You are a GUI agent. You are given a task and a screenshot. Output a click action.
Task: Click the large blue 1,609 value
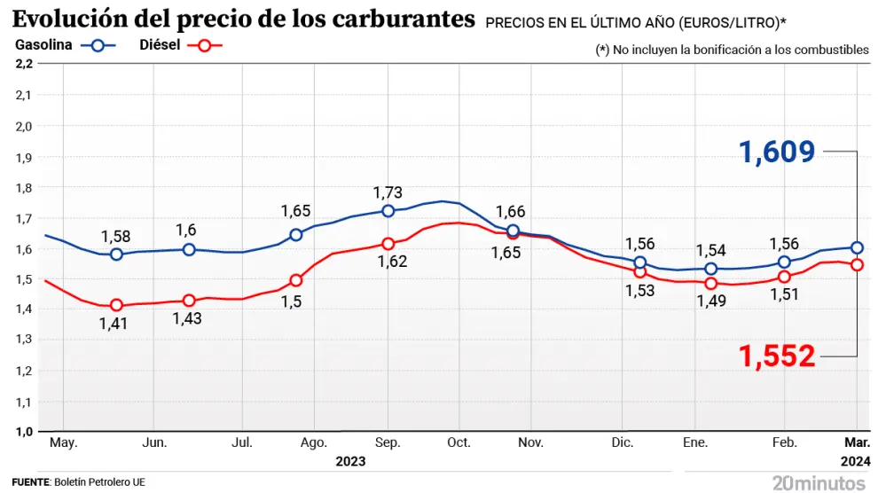pyautogui.click(x=778, y=153)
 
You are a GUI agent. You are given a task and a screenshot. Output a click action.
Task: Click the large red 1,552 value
pyautogui.click(x=778, y=356)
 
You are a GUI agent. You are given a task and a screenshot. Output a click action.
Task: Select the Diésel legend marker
pyautogui.click(x=206, y=47)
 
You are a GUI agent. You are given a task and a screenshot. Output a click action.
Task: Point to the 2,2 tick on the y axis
pyautogui.click(x=24, y=64)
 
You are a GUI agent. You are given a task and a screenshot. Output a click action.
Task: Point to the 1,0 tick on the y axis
pyautogui.click(x=24, y=432)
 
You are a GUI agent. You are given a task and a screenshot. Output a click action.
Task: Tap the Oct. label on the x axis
pyautogui.click(x=459, y=442)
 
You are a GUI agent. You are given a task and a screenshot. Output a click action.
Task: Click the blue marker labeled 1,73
pyautogui.click(x=388, y=211)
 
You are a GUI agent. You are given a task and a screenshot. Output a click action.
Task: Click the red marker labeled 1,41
pyautogui.click(x=116, y=305)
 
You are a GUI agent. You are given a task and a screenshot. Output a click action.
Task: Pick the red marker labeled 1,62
pyautogui.click(x=388, y=244)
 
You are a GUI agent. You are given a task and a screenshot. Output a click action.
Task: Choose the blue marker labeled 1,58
pyautogui.click(x=116, y=254)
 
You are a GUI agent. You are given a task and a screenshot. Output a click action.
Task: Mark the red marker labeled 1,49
pyautogui.click(x=710, y=284)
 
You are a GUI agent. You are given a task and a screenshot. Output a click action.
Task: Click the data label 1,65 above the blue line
pyautogui.click(x=295, y=211)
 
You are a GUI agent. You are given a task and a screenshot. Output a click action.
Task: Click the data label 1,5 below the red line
pyautogui.click(x=295, y=302)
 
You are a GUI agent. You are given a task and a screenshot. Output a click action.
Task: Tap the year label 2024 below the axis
pyautogui.click(x=856, y=462)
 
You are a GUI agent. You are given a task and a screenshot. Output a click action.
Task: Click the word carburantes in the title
pyautogui.click(x=387, y=19)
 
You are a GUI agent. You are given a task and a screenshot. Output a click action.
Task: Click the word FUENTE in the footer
pyautogui.click(x=29, y=482)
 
